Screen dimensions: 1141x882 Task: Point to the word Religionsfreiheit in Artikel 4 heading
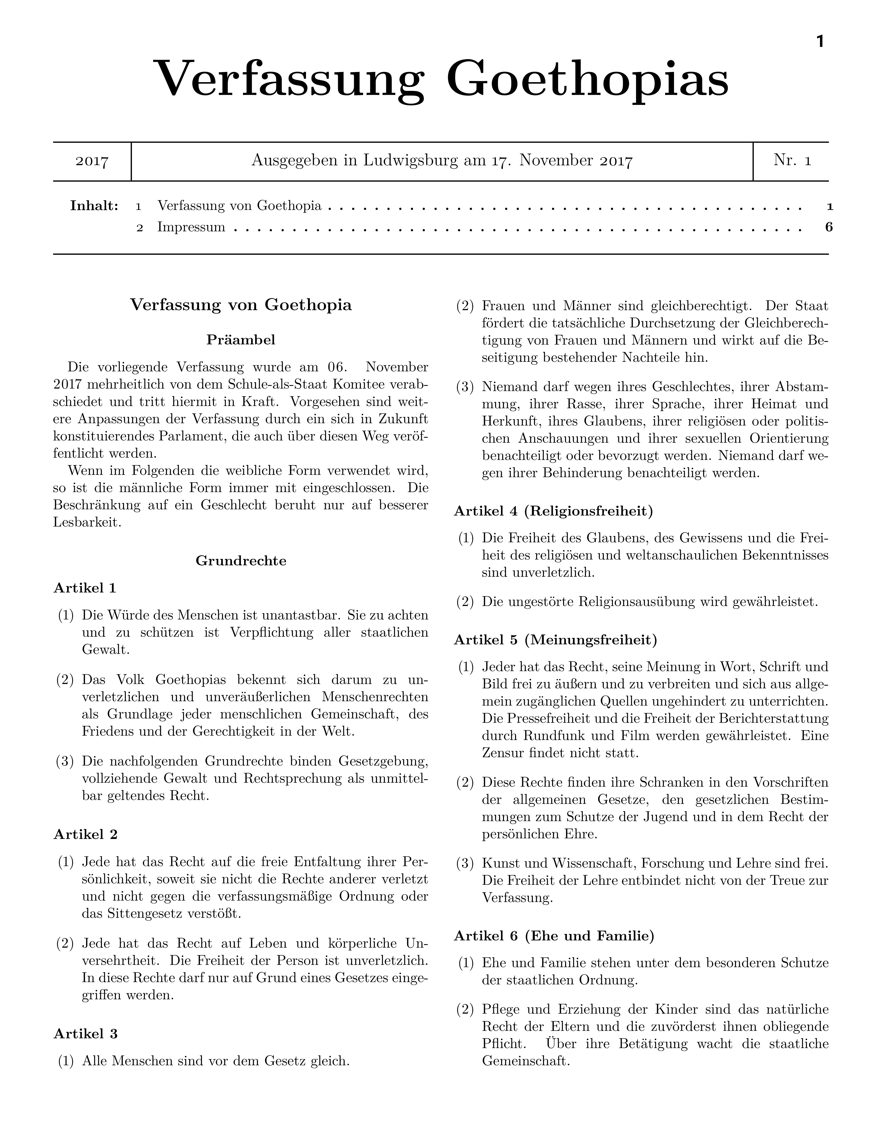tap(588, 511)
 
